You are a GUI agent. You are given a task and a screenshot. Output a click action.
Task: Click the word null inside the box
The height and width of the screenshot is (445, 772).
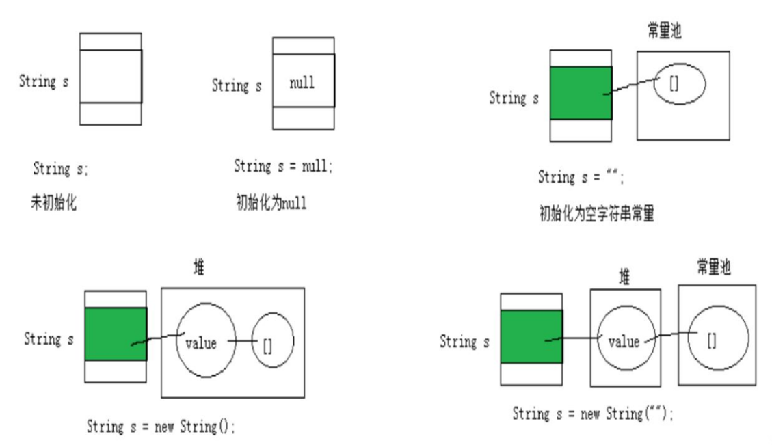302,83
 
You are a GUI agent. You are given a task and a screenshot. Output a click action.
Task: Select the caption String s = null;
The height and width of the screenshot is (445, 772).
283,166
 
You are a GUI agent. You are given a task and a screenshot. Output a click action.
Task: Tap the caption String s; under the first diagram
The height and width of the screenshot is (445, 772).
61,170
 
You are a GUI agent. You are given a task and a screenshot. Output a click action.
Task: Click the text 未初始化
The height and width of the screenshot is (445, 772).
53,202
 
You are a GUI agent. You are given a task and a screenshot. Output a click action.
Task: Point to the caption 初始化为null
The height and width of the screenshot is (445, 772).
270,202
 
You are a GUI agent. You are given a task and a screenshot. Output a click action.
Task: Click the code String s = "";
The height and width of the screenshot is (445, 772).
581,178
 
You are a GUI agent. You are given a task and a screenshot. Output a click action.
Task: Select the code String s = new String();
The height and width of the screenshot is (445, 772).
161,427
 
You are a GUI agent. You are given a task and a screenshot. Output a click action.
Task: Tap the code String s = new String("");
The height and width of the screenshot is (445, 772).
593,414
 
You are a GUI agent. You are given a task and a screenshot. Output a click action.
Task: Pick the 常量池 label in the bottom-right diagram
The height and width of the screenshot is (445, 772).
714,267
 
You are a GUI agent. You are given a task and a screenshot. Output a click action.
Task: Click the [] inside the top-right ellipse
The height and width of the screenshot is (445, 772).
674,83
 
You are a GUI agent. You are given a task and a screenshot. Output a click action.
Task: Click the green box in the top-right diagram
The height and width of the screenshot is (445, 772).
581,92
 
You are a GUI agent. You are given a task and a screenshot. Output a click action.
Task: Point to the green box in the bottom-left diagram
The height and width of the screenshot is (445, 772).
116,334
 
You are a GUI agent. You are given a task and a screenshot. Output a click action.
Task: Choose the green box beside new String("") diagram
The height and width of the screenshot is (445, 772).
531,336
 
